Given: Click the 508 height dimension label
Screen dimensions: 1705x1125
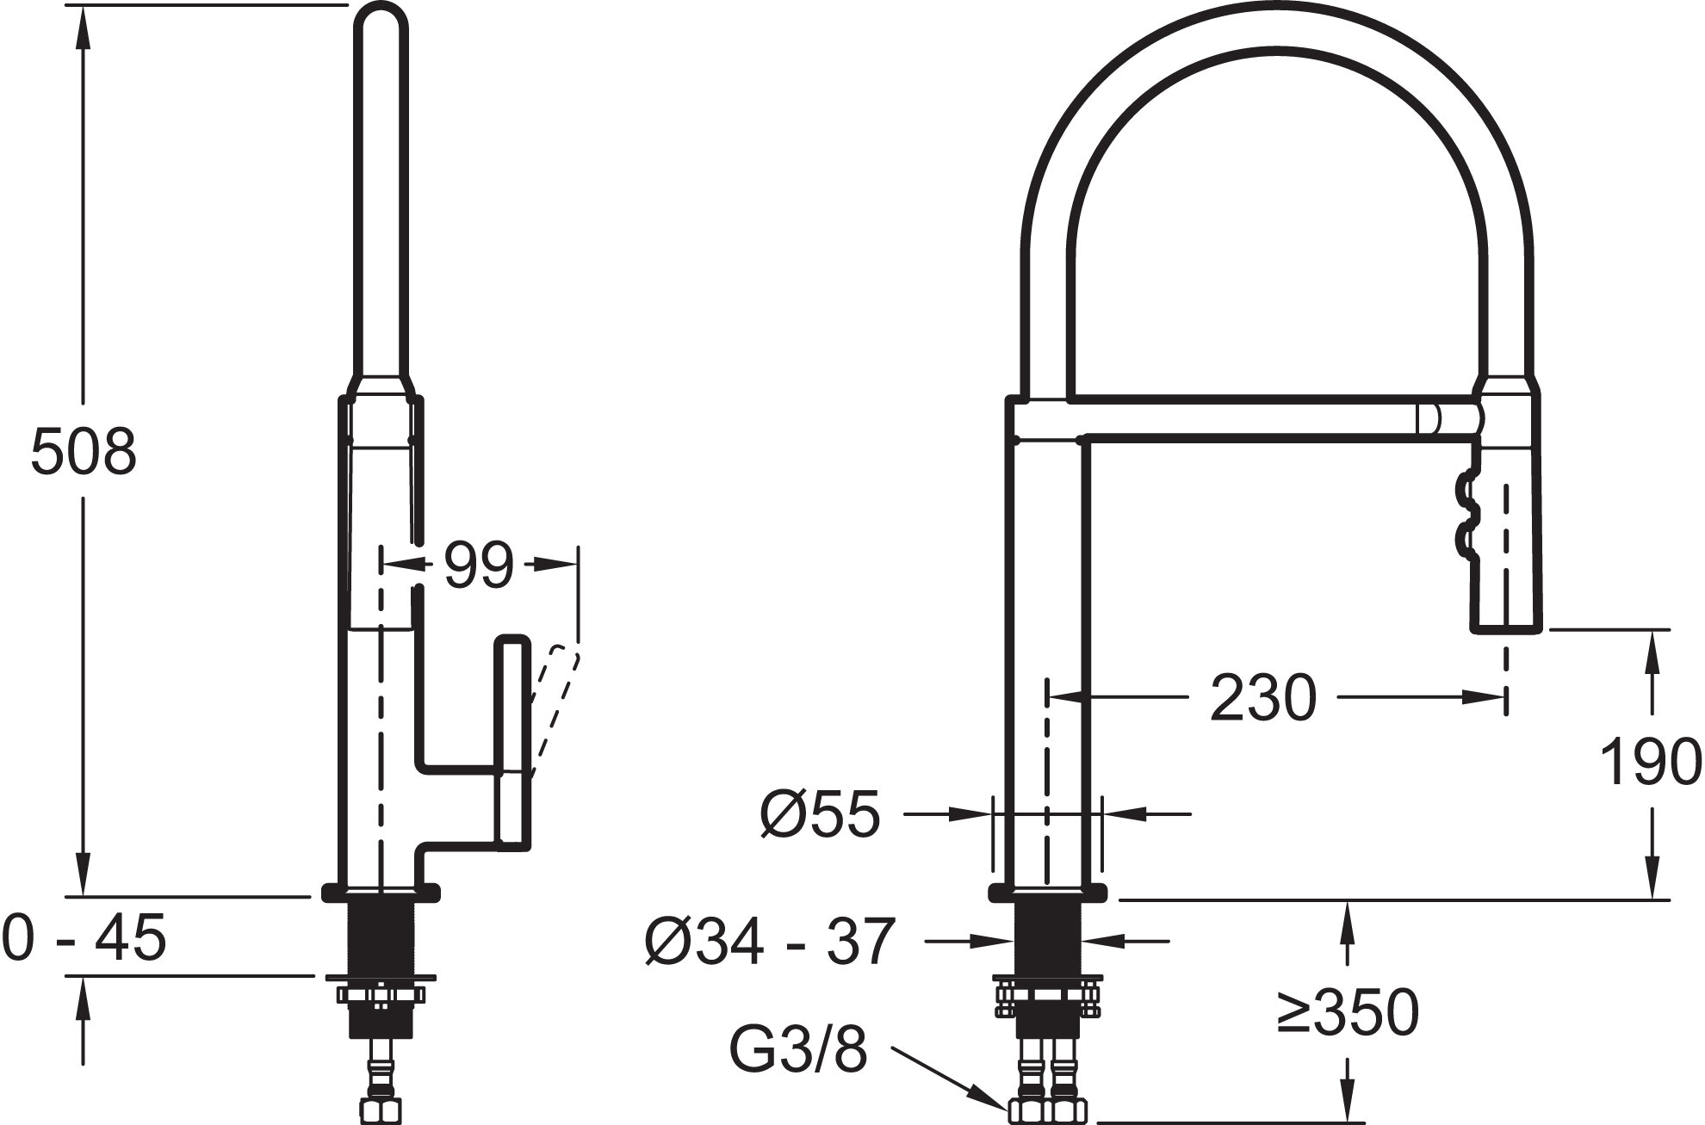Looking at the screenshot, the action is [84, 451].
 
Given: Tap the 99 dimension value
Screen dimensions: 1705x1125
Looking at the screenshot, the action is [479, 566].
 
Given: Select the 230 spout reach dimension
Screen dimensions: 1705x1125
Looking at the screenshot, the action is [1263, 697].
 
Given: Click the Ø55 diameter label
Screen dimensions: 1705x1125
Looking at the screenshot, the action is [820, 813].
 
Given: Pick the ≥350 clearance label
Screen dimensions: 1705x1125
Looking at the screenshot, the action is [1348, 1013].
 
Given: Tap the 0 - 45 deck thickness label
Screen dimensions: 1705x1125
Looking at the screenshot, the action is [84, 937].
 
